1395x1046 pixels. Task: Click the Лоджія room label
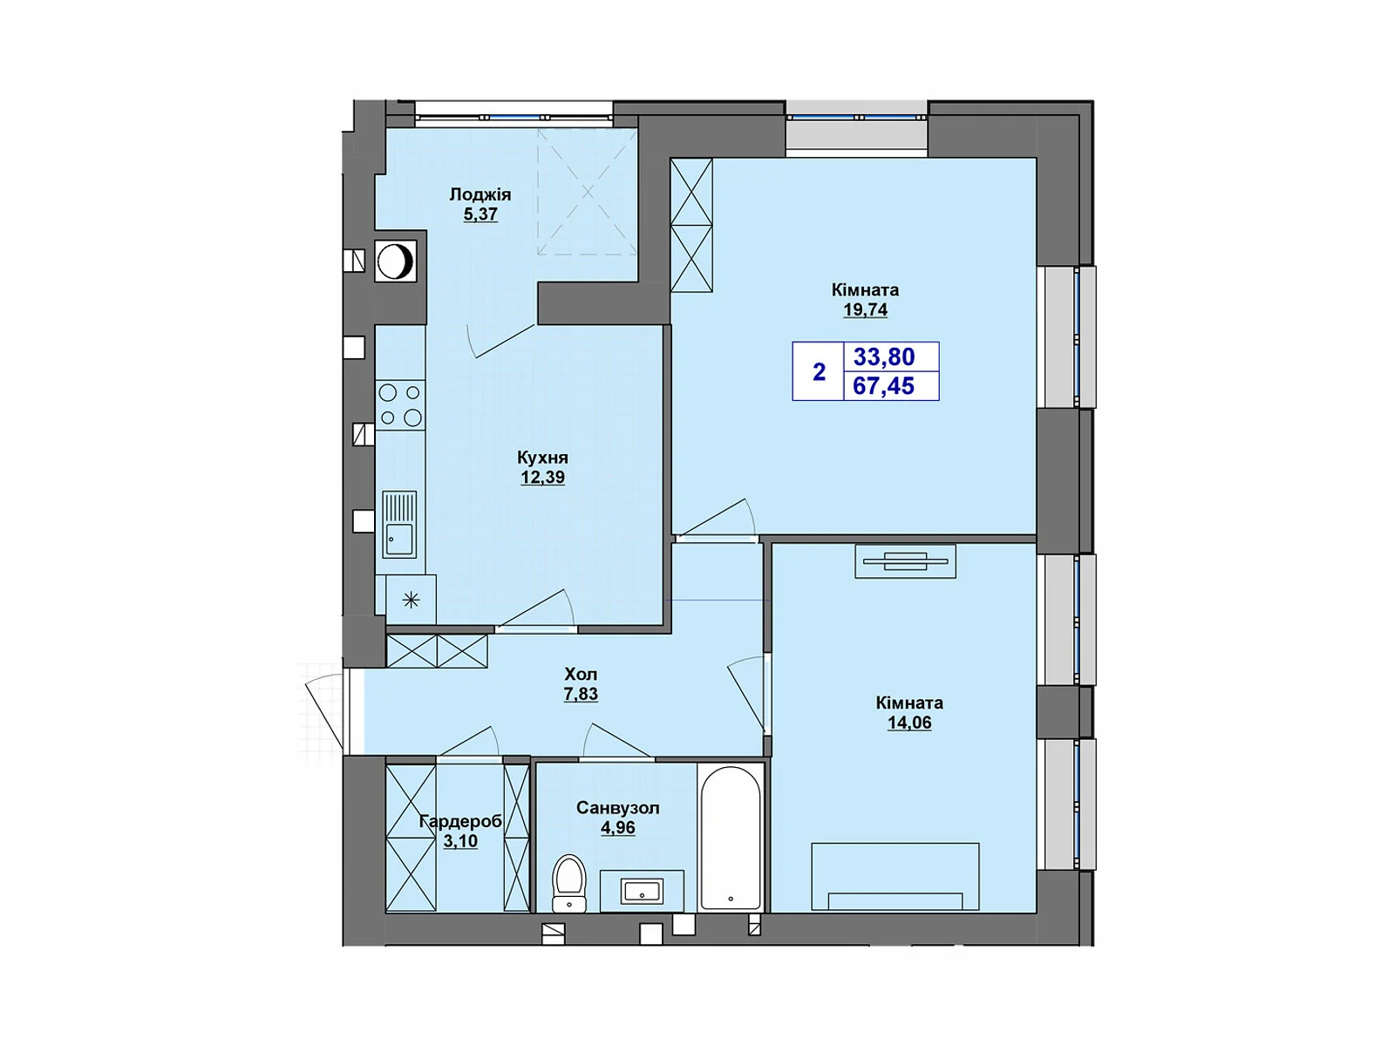[x=480, y=194]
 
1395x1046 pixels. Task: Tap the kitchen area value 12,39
[x=542, y=478]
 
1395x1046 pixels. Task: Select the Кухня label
[x=542, y=458]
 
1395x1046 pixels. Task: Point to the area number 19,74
[x=865, y=309]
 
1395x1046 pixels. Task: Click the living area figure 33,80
[x=884, y=357]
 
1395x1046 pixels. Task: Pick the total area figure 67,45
[x=884, y=385]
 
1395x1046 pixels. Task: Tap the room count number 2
[x=819, y=372]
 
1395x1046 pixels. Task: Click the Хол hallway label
[x=581, y=675]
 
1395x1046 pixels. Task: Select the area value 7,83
[x=581, y=695]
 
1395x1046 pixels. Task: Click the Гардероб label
[x=460, y=821]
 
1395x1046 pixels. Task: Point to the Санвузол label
[x=617, y=808]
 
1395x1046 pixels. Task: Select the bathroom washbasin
[x=642, y=891]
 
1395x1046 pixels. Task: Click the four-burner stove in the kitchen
[x=401, y=405]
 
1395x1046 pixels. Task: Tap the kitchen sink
[x=399, y=525]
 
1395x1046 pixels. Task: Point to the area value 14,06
[x=909, y=723]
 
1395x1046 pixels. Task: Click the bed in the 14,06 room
[x=895, y=877]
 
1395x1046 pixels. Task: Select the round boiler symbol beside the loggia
[x=396, y=261]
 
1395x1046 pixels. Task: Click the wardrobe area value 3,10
[x=460, y=841]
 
